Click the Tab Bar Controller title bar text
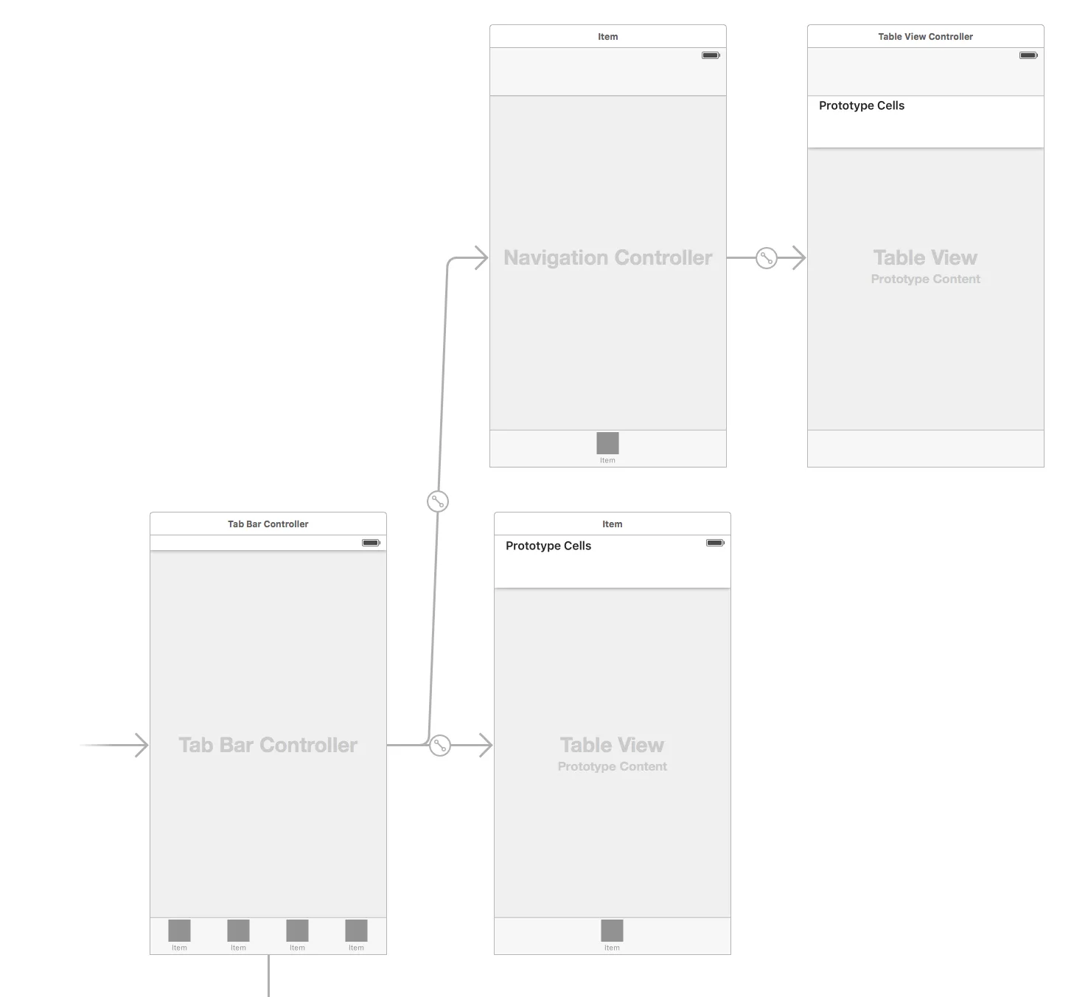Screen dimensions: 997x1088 [268, 524]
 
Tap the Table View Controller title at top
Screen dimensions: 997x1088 [925, 37]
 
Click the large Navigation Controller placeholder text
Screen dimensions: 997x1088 [607, 258]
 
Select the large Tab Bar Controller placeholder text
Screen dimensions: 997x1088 [268, 746]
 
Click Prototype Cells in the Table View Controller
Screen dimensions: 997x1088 [861, 106]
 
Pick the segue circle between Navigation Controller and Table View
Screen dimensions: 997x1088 [767, 258]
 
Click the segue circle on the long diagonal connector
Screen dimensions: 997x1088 [438, 501]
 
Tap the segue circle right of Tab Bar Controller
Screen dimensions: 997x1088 [440, 746]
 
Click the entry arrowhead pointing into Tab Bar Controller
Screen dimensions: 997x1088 [142, 746]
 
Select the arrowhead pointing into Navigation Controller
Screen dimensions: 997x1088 [481, 258]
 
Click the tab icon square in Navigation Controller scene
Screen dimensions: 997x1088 [607, 443]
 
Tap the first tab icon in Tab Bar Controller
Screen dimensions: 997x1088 [179, 931]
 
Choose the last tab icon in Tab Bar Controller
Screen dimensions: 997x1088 [356, 931]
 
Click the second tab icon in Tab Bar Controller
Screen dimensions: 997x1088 [238, 931]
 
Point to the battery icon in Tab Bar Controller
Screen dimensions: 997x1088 [371, 543]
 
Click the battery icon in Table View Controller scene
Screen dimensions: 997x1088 [1028, 55]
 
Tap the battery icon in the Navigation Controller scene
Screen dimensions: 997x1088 [711, 55]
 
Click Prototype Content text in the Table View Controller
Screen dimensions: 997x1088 [925, 279]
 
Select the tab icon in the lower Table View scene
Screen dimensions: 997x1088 [612, 931]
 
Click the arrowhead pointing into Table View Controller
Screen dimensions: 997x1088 [799, 258]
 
